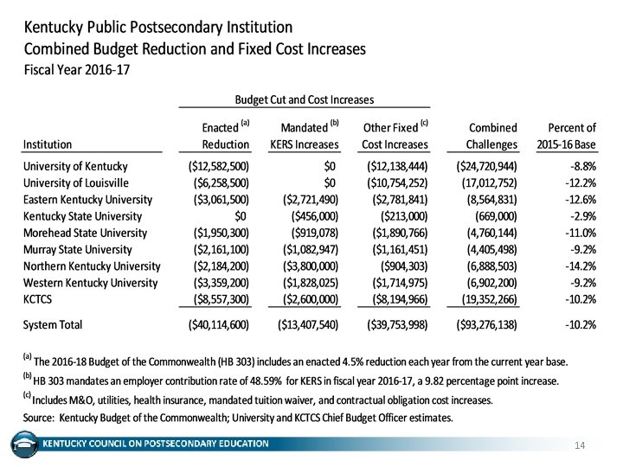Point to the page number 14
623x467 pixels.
pyautogui.click(x=581, y=445)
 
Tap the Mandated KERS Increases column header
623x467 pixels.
pyautogui.click(x=303, y=136)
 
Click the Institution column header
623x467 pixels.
pyautogui.click(x=48, y=144)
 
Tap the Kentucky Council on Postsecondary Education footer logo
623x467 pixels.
pyautogui.click(x=23, y=445)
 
